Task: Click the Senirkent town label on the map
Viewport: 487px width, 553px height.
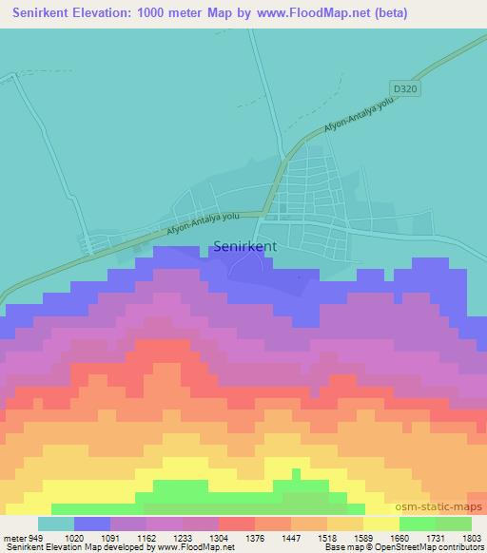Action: click(245, 245)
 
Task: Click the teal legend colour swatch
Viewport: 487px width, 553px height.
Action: click(55, 524)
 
